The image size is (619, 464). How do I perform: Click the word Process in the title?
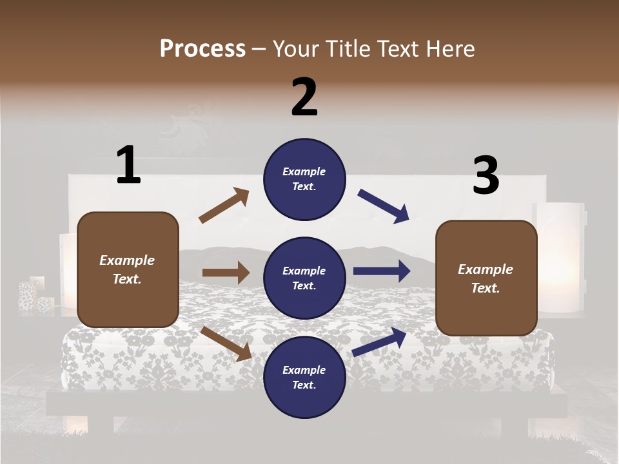[x=202, y=49]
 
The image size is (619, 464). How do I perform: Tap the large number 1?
[x=128, y=166]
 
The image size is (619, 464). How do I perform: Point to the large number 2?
[x=304, y=97]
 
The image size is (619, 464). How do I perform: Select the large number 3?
[x=486, y=176]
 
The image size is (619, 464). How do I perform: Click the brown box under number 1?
[x=128, y=269]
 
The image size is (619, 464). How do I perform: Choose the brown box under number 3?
[x=486, y=278]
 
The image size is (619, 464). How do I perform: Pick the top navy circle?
[x=304, y=179]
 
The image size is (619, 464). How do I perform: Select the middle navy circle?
[x=304, y=278]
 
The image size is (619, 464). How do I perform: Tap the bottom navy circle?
[x=304, y=377]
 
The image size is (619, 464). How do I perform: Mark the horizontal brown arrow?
[x=226, y=273]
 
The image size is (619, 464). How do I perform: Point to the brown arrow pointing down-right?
[x=226, y=343]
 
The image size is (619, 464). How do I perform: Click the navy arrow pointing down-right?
[x=384, y=206]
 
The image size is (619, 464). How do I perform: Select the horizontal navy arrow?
[x=381, y=271]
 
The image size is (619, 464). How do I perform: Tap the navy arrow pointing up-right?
[x=379, y=342]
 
